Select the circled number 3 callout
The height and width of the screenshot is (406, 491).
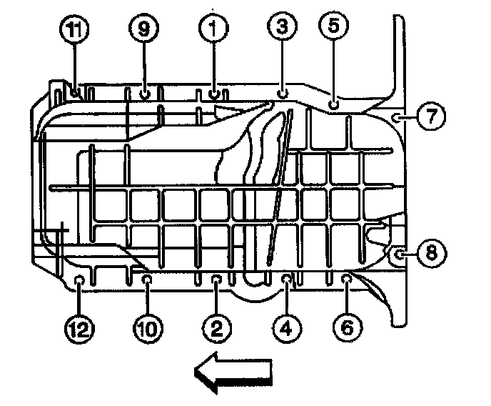[x=281, y=29]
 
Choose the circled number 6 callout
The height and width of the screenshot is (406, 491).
[x=347, y=327]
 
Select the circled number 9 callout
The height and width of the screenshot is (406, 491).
[x=143, y=29]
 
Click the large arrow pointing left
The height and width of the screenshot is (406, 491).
[x=233, y=373]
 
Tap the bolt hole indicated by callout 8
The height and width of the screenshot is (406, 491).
[x=400, y=253]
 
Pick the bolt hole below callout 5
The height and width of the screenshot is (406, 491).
[x=333, y=105]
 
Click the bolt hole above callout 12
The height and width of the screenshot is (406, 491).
[x=79, y=279]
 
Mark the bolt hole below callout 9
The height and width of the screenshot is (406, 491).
[x=144, y=94]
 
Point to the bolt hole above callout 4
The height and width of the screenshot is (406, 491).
[x=287, y=279]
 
